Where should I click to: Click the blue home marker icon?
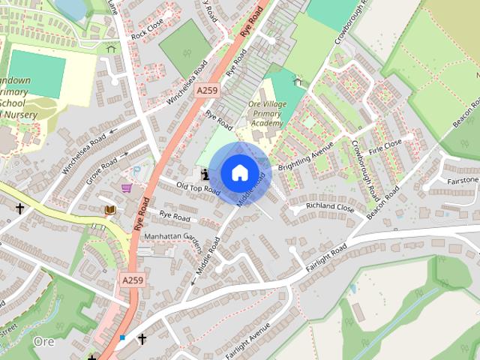click(x=238, y=172)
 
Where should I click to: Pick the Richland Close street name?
click(x=329, y=206)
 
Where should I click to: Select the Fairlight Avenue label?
click(x=246, y=340)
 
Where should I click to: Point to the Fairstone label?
click(x=462, y=181)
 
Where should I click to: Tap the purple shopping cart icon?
click(x=127, y=188)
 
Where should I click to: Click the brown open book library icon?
click(x=110, y=210)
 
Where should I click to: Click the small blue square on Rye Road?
click(x=122, y=337)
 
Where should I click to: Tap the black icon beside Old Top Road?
click(x=206, y=175)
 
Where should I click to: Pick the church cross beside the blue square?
click(x=142, y=340)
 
